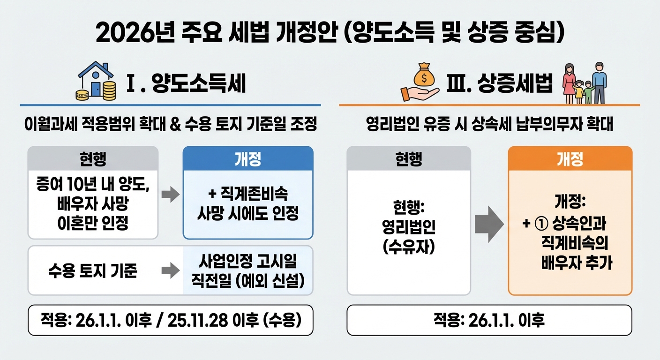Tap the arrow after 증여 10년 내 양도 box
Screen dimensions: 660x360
coord(170,194)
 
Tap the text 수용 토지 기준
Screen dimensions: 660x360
coord(93,270)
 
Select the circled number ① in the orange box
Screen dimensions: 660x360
coord(541,225)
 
